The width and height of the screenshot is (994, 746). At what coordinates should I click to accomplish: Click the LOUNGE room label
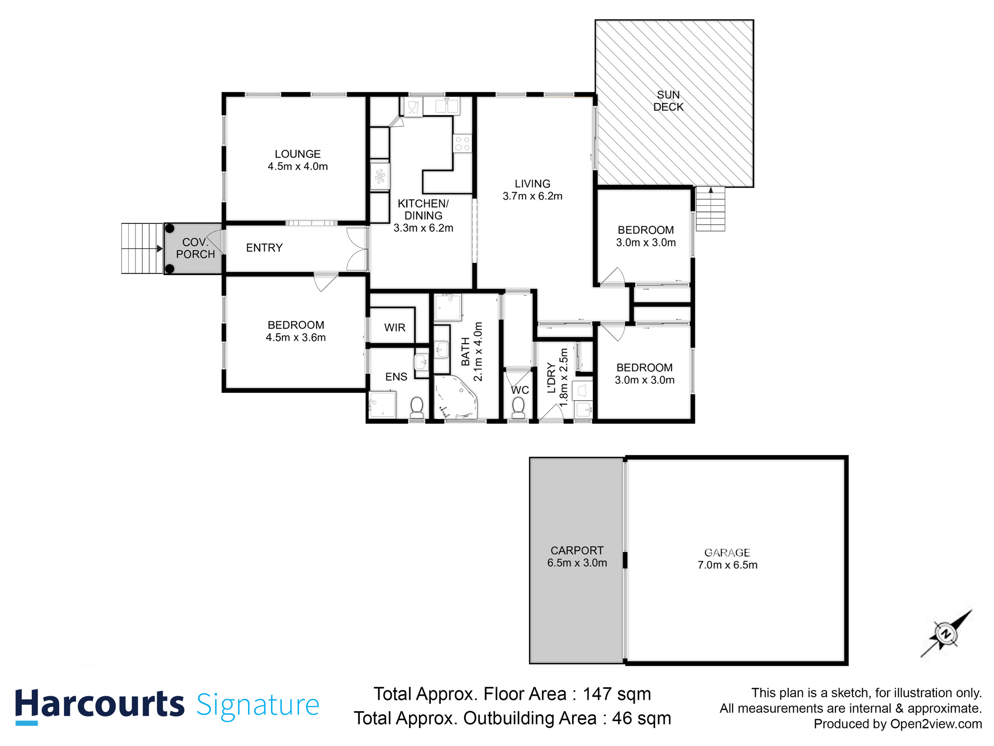[x=298, y=154]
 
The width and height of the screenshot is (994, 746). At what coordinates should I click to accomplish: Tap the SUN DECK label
[x=668, y=101]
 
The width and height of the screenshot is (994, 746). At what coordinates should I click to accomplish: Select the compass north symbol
[x=946, y=634]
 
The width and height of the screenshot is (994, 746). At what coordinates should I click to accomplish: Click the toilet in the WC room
[x=518, y=407]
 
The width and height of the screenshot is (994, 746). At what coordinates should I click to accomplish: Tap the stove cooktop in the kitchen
[x=462, y=144]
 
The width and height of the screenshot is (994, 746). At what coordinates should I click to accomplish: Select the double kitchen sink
[x=446, y=106]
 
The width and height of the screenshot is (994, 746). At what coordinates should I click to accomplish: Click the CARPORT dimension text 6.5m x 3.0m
[x=577, y=563]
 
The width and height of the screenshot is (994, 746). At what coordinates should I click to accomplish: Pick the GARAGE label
[x=727, y=553]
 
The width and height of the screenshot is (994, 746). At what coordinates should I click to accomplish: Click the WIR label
[x=395, y=328]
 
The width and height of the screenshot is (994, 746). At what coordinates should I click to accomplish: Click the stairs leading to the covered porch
[x=142, y=248]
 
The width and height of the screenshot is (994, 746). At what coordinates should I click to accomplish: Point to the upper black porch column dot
[x=169, y=228]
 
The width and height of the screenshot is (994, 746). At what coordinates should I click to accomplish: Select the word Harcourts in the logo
[x=99, y=704]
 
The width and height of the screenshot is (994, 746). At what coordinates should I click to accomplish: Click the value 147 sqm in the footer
[x=616, y=694]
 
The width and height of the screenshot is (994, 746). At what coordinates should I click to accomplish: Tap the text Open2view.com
[x=936, y=724]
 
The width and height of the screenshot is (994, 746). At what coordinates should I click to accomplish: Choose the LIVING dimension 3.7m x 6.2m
[x=532, y=196]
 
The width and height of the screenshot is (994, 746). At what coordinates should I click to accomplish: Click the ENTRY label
[x=264, y=248]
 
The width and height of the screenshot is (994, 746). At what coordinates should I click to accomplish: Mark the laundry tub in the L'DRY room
[x=583, y=410]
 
